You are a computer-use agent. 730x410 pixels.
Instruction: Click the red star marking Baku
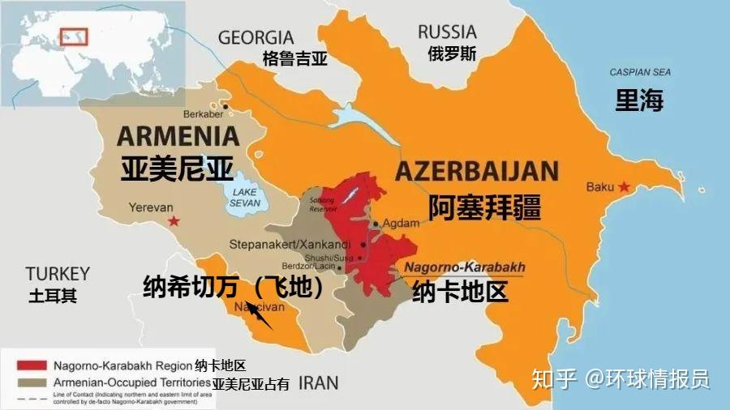pyautogui.click(x=624, y=187)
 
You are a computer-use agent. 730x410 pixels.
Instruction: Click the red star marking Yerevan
pyautogui.click(x=172, y=221)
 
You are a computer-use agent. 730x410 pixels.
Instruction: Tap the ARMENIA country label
pyautogui.click(x=178, y=135)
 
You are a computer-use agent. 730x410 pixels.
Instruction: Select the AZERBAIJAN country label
pyautogui.click(x=476, y=171)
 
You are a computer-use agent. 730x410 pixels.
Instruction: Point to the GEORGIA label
pyautogui.click(x=255, y=37)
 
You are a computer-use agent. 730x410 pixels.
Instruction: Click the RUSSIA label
pyautogui.click(x=447, y=32)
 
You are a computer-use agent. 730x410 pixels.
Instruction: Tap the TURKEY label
pyautogui.click(x=57, y=273)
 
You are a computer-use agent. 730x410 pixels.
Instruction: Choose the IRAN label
pyautogui.click(x=318, y=382)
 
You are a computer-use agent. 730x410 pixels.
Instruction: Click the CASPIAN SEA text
pyautogui.click(x=640, y=72)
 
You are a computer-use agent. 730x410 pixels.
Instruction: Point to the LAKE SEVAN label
pyautogui.click(x=243, y=196)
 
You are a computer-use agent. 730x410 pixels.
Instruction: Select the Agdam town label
pyautogui.click(x=400, y=223)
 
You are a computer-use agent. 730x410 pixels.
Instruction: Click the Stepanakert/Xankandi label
pyautogui.click(x=290, y=243)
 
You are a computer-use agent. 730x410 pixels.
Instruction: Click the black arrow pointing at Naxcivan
pyautogui.click(x=259, y=314)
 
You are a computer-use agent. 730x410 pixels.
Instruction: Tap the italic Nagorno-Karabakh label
pyautogui.click(x=465, y=267)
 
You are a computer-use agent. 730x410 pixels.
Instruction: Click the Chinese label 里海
pyautogui.click(x=639, y=100)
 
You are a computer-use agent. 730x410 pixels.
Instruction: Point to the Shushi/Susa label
pyautogui.click(x=330, y=258)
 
